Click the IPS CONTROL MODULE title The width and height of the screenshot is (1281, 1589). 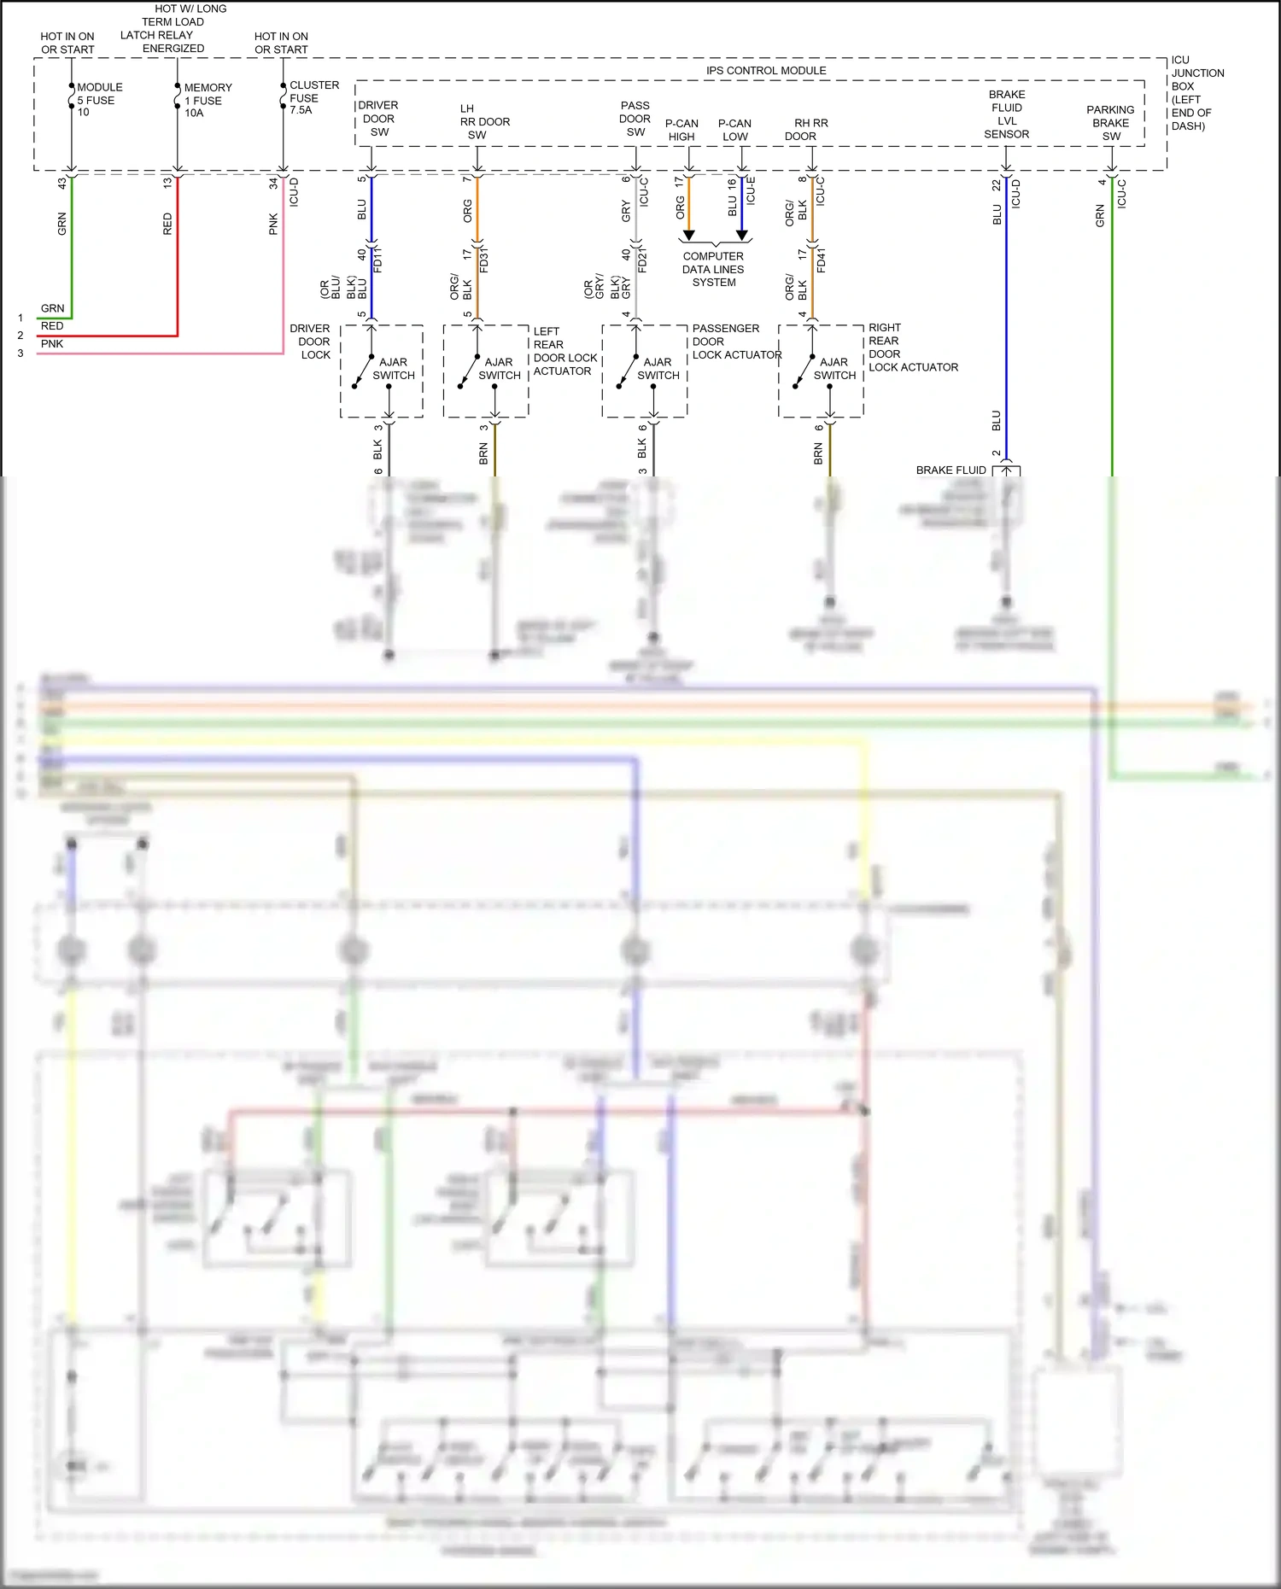click(766, 71)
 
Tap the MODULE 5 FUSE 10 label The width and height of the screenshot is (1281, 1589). click(99, 100)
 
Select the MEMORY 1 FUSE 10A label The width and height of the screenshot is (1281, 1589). click(207, 100)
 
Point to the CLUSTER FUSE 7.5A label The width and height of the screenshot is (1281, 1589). click(313, 97)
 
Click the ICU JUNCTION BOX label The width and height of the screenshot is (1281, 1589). click(1196, 93)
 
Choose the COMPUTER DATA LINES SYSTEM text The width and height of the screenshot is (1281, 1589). click(713, 269)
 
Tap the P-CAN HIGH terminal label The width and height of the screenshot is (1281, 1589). click(681, 130)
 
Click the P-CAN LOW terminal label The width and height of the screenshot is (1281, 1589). click(734, 130)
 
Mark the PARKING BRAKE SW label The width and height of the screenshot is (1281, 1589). click(1110, 123)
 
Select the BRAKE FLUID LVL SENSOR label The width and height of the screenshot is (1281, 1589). click(1007, 114)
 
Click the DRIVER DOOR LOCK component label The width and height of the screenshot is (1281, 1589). click(311, 342)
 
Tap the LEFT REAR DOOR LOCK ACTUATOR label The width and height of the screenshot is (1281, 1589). click(564, 351)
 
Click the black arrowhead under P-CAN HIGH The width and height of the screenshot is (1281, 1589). click(688, 235)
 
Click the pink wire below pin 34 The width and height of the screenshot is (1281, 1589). click(284, 273)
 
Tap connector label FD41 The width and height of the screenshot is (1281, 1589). click(822, 260)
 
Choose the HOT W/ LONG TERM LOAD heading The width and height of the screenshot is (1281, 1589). click(175, 28)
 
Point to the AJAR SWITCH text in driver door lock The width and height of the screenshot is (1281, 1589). click(393, 369)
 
